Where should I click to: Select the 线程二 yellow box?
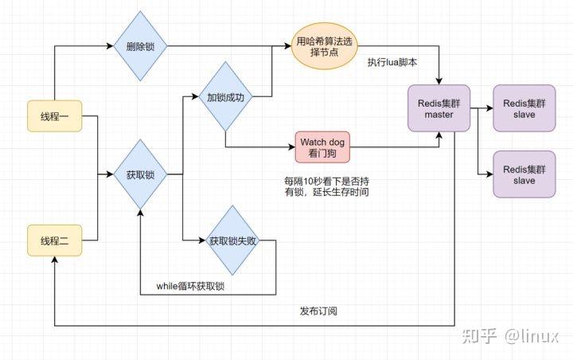pos(55,239)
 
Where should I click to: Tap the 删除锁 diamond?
pos(140,46)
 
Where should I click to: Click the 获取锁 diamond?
pos(140,174)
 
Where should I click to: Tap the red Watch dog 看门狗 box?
pos(323,147)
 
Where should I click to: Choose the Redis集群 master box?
pos(439,109)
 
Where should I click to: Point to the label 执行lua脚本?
pos(392,62)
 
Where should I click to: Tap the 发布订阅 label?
pos(318,311)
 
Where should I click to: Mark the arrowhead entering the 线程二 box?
pos(55,263)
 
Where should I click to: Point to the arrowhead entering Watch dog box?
pos(291,147)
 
